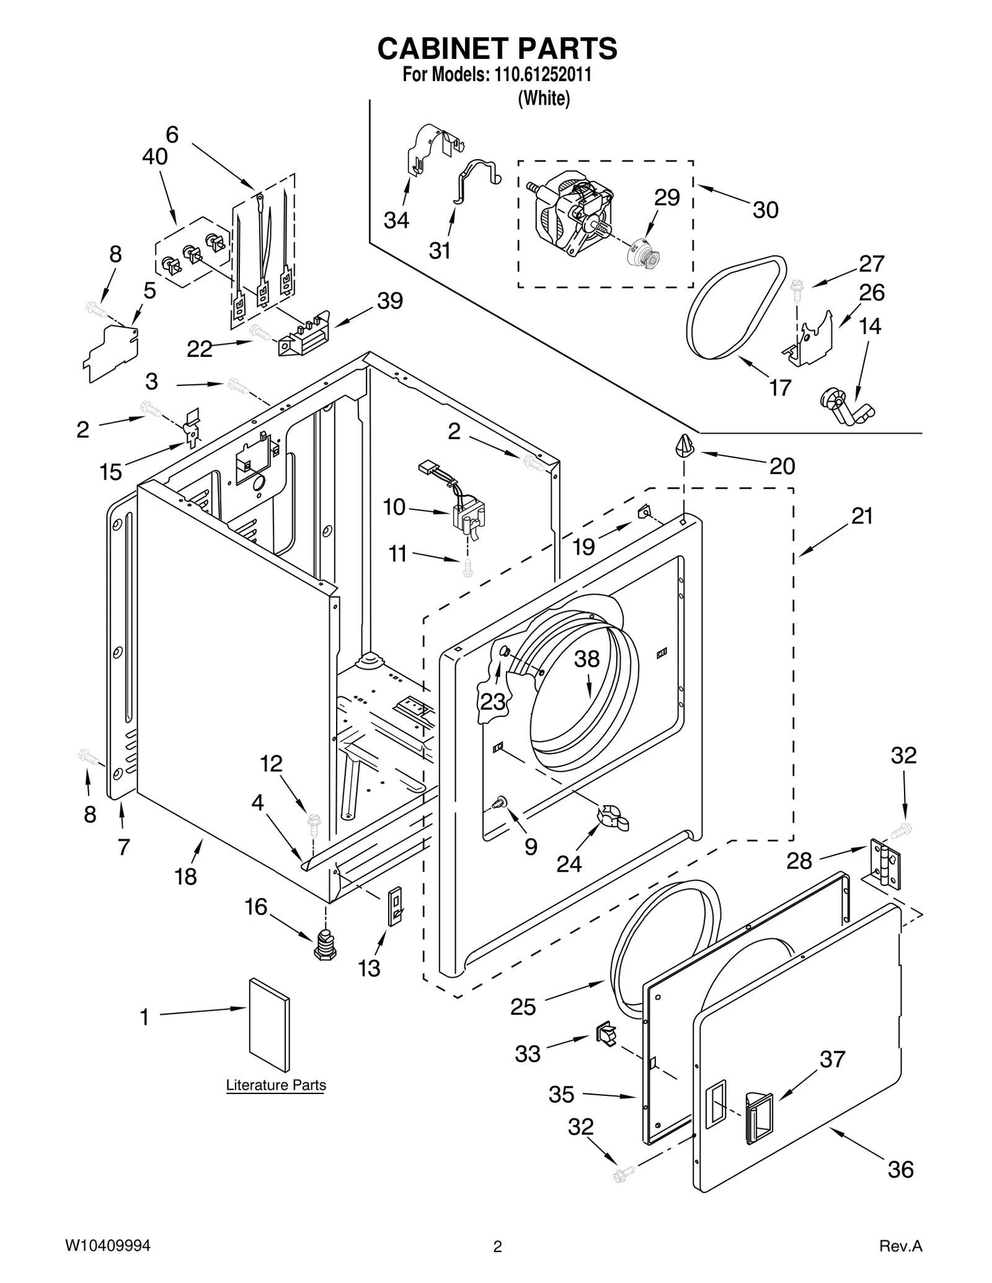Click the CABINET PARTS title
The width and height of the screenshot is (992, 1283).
click(x=497, y=48)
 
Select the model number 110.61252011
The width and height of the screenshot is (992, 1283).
click(x=541, y=75)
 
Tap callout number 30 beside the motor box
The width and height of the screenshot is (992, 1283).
click(x=765, y=210)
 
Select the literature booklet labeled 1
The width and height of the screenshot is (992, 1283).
click(x=269, y=1024)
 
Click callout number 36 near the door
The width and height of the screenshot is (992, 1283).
click(x=900, y=1169)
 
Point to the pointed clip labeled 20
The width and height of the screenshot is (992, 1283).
click(x=684, y=445)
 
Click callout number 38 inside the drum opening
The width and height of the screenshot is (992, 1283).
click(x=587, y=659)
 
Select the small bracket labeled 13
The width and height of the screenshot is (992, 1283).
click(x=395, y=906)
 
